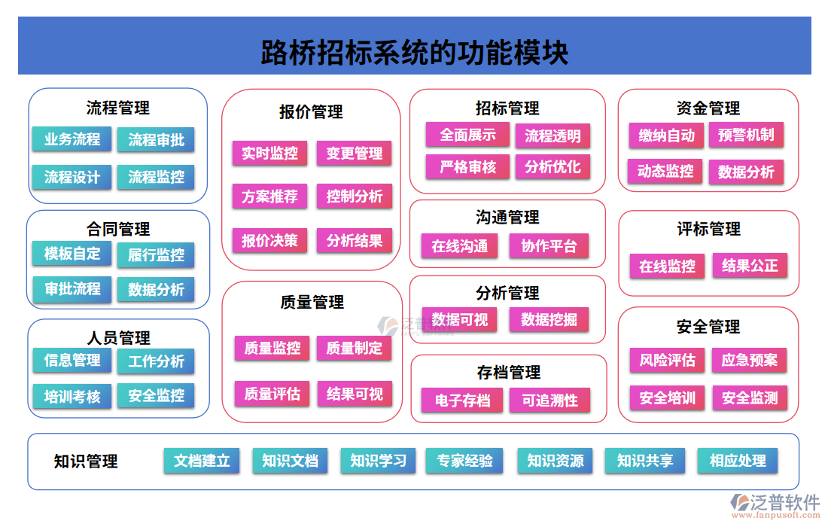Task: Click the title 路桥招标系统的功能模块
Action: (414, 53)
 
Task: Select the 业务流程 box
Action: (72, 139)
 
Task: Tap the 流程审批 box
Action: (156, 139)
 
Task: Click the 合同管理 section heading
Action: (118, 229)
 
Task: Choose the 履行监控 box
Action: (156, 254)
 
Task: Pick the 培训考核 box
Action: (72, 396)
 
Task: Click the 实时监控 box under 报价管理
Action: (269, 154)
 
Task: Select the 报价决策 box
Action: (269, 241)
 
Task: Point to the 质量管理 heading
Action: (312, 302)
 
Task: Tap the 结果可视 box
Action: (355, 394)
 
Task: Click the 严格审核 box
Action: (467, 166)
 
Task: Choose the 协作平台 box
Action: (549, 246)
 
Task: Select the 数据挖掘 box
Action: (549, 319)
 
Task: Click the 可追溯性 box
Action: (549, 401)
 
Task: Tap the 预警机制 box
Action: (746, 135)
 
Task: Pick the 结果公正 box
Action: (750, 265)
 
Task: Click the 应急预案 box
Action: (749, 360)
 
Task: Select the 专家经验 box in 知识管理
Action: (465, 461)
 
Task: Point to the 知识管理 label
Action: (86, 462)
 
